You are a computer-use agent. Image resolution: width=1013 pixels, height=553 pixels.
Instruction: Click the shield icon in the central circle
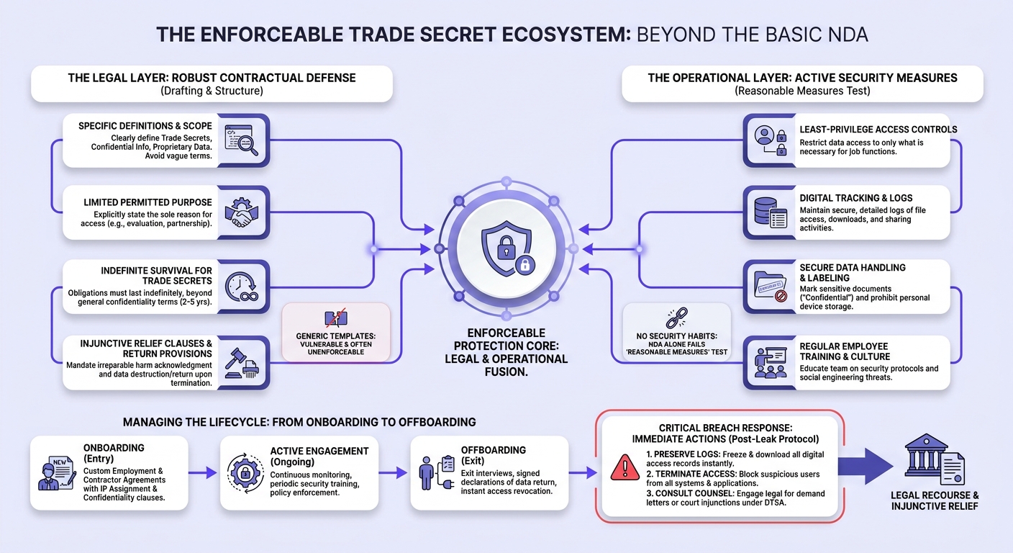506,248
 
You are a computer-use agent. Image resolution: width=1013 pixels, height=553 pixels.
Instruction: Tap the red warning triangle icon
624,467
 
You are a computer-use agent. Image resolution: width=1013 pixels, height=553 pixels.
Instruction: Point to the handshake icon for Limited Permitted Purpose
242,212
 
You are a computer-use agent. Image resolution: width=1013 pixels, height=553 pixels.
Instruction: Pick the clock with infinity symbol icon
242,287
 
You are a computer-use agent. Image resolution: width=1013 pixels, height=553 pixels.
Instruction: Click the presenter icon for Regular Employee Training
771,362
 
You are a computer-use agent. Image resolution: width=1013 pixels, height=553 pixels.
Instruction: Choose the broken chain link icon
676,318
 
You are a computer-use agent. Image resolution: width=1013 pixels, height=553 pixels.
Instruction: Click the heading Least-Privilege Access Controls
878,130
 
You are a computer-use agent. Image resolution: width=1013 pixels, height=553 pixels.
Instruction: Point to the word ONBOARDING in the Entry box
114,448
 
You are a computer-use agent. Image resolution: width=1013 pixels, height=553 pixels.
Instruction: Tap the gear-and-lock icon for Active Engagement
245,473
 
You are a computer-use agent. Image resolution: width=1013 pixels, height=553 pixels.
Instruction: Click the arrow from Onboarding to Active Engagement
203,472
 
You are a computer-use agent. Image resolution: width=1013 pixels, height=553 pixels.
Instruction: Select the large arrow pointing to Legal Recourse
865,466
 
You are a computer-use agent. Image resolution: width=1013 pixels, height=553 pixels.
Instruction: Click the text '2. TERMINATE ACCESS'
691,474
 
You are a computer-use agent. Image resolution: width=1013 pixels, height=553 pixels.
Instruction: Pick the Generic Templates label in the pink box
335,336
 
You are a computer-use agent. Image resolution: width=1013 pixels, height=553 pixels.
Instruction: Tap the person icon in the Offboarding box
426,473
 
